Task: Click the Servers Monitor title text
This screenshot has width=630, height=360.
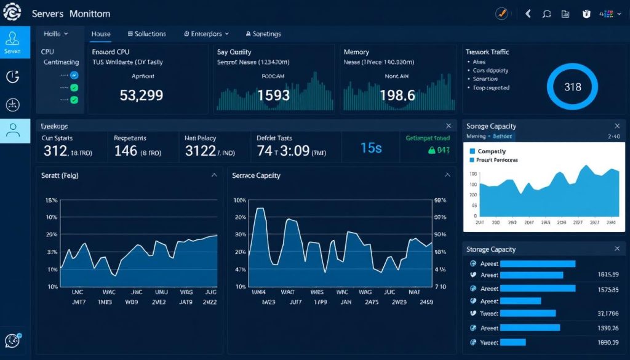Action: point(71,13)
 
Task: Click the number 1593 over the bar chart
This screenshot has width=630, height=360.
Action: point(274,95)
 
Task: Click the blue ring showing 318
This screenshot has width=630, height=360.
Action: point(572,87)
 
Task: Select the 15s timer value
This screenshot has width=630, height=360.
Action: point(371,148)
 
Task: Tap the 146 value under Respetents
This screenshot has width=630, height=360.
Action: point(126,151)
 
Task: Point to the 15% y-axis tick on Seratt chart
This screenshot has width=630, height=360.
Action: point(51,201)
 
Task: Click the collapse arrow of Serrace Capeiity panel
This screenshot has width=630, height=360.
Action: point(447,175)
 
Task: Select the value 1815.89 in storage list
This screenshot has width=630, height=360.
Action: point(607,274)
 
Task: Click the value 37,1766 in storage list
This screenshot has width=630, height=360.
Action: point(607,314)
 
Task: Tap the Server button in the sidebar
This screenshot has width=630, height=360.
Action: point(13,42)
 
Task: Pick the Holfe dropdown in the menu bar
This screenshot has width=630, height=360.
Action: point(56,34)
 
